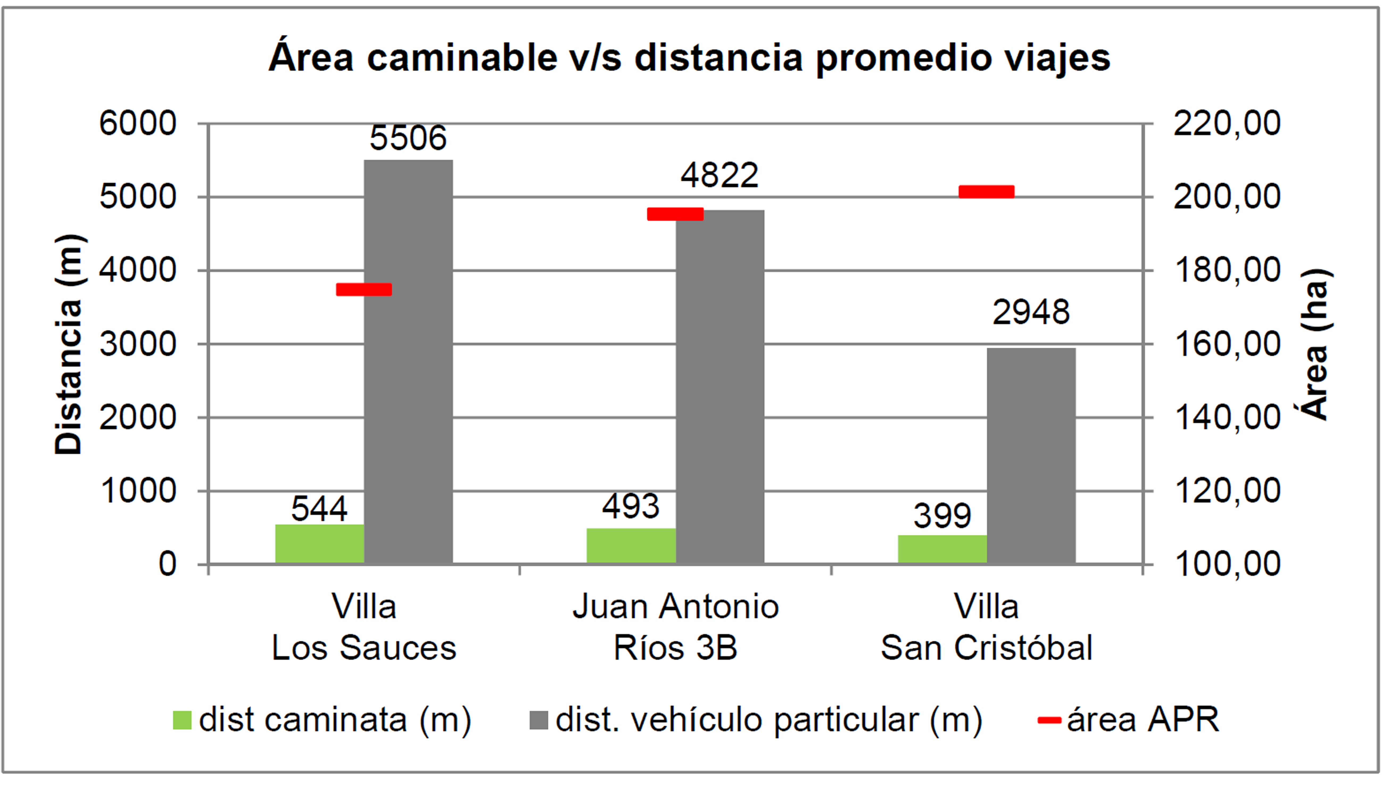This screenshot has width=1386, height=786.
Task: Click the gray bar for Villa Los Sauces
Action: pyautogui.click(x=408, y=362)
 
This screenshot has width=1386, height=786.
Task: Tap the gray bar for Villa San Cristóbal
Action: pyautogui.click(x=1031, y=456)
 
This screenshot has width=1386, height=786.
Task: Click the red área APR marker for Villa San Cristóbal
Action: pyautogui.click(x=986, y=192)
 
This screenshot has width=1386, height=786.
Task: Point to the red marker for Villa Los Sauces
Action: pyautogui.click(x=364, y=289)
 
